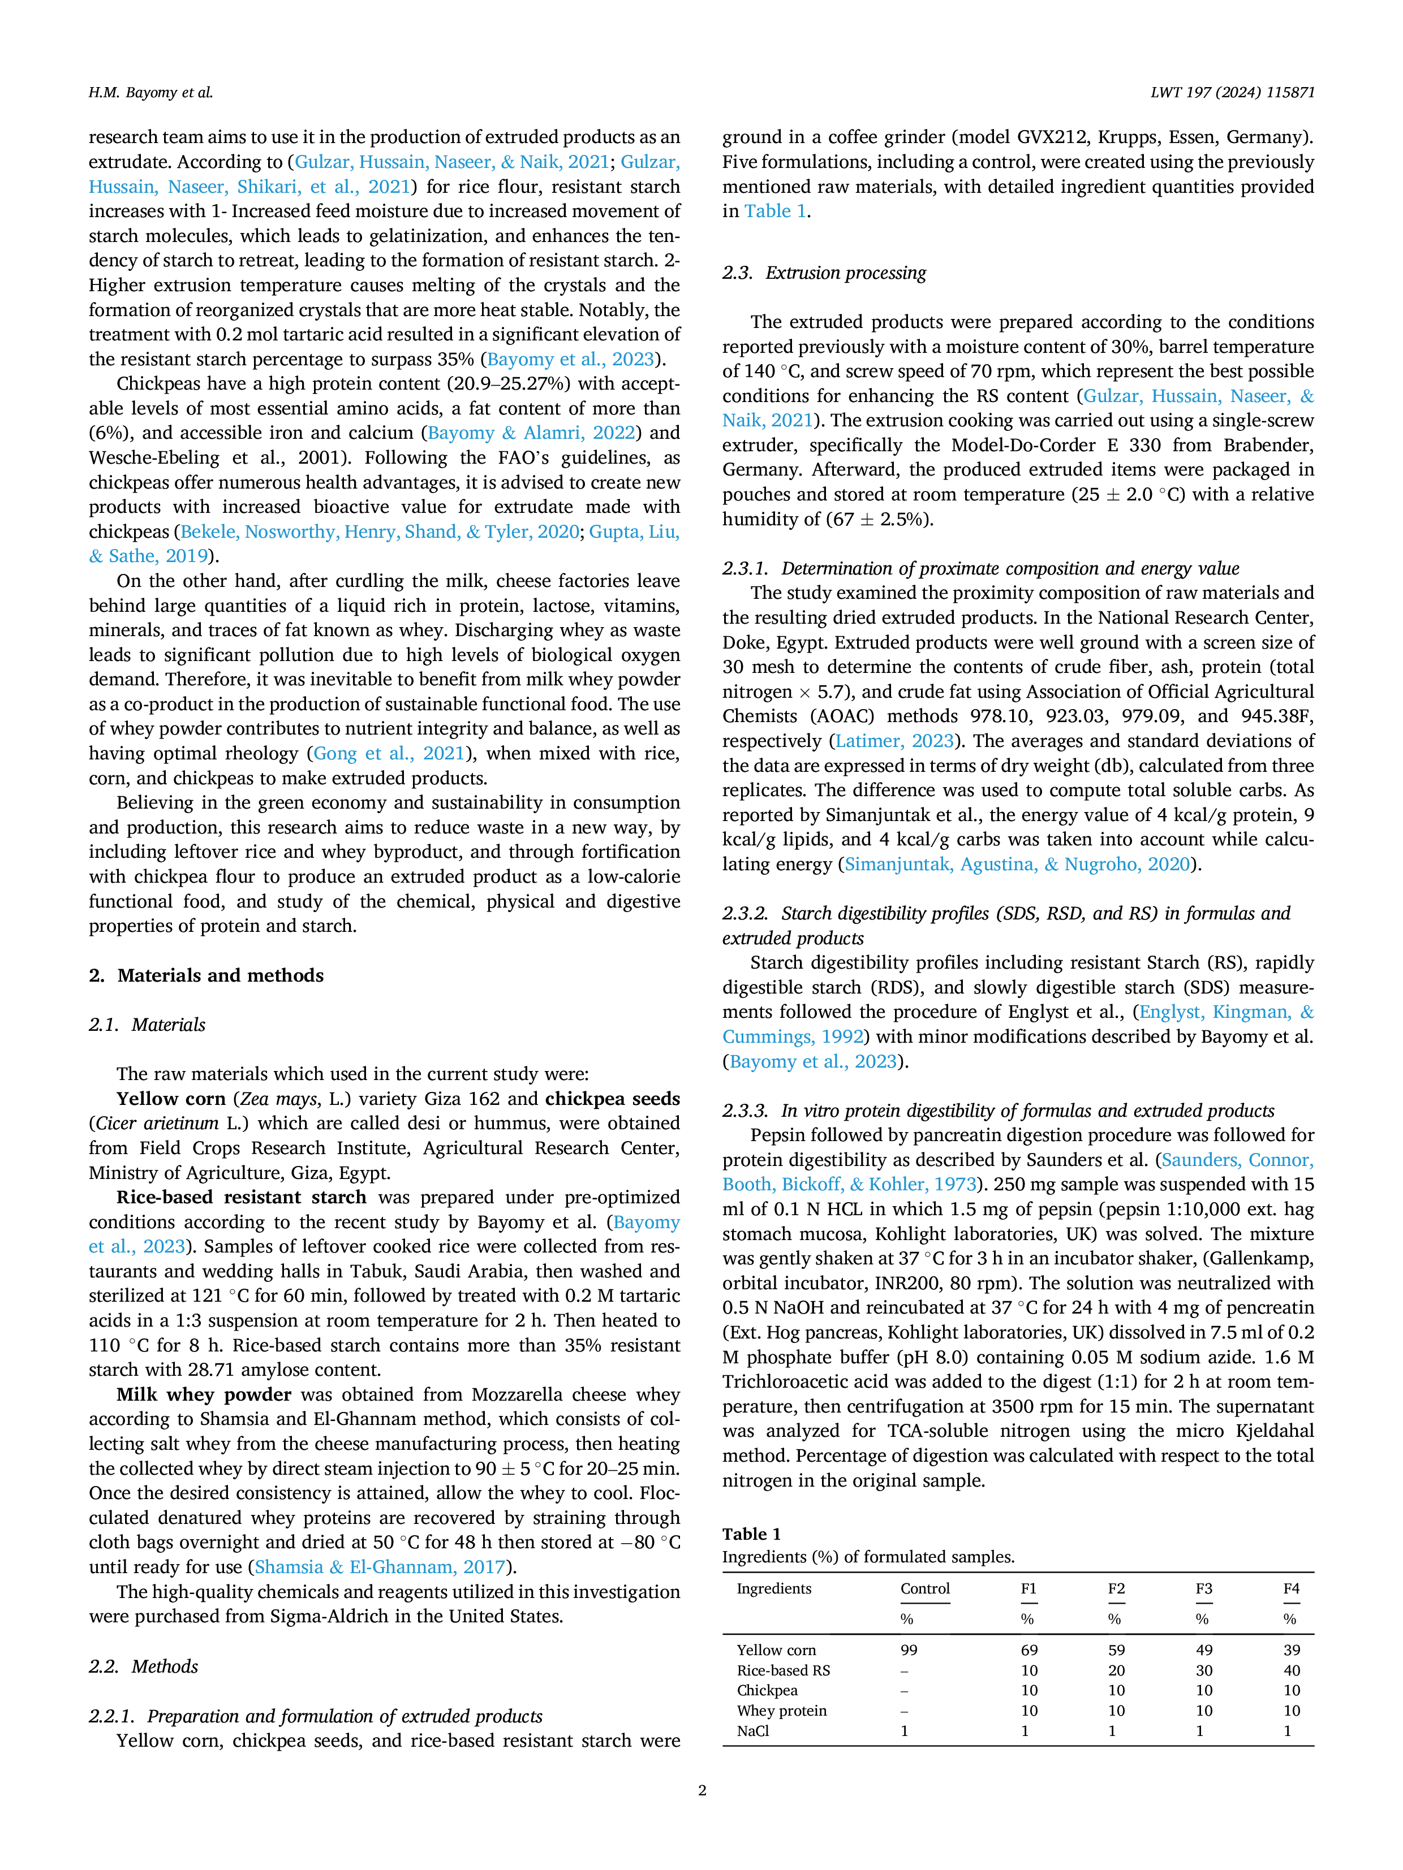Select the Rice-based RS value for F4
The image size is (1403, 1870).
coord(1292,1670)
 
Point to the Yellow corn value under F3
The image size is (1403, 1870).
coord(1204,1649)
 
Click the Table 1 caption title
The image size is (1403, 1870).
coord(751,1534)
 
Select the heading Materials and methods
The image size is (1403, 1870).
coord(206,975)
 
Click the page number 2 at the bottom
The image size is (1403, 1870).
coord(702,1790)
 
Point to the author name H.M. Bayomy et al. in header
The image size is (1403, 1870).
coord(150,92)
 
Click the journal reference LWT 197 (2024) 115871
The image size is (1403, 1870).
coord(1232,92)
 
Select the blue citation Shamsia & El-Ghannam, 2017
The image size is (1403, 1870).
coord(381,1566)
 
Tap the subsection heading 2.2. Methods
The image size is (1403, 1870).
coord(144,1666)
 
